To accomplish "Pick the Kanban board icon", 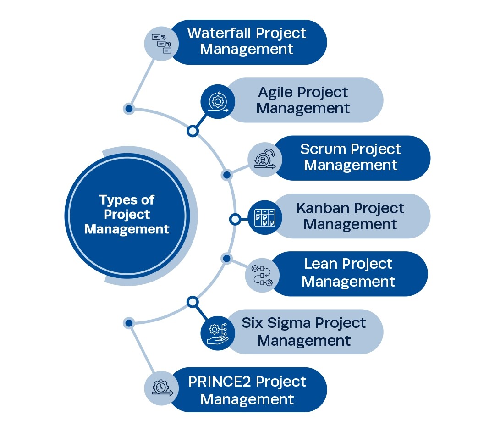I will (x=264, y=217).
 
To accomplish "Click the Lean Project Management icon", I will (x=262, y=275).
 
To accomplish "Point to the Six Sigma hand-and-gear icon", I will (x=218, y=333).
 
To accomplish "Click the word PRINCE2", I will (x=220, y=382).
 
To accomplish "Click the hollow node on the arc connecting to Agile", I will (x=193, y=131).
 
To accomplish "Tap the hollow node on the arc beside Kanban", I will (x=235, y=219).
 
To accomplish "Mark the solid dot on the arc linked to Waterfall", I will (x=129, y=109).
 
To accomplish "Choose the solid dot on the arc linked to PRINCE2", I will (x=129, y=323).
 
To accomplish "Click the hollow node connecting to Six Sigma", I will (x=193, y=302).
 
